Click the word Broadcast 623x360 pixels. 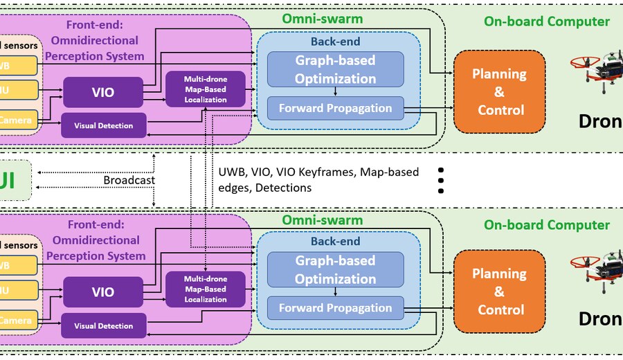pyautogui.click(x=129, y=180)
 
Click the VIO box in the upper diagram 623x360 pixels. pyautogui.click(x=103, y=92)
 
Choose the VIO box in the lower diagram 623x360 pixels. pyautogui.click(x=103, y=291)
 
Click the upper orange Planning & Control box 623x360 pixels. pyautogui.click(x=499, y=92)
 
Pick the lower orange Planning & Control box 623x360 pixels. pyautogui.click(x=499, y=291)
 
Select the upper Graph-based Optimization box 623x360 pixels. pyautogui.click(x=335, y=70)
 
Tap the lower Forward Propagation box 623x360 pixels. pyautogui.click(x=335, y=308)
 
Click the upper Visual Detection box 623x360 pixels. pyautogui.click(x=104, y=126)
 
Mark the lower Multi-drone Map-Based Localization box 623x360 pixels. pyautogui.click(x=206, y=289)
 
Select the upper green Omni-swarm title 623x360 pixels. pyautogui.click(x=322, y=19)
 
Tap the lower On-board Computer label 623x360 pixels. pyautogui.click(x=547, y=225)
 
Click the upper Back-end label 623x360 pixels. pyautogui.click(x=335, y=42)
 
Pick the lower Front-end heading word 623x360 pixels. pyautogui.click(x=96, y=224)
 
